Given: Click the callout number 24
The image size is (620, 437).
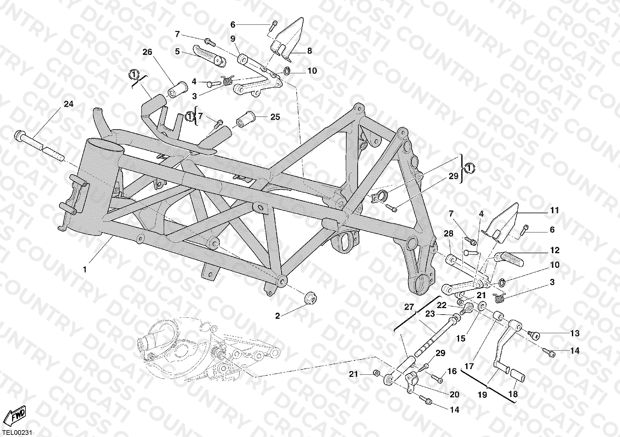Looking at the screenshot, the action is click(69, 104).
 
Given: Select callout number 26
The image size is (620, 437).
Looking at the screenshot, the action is click(147, 52).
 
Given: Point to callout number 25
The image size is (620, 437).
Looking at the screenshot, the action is click(275, 117).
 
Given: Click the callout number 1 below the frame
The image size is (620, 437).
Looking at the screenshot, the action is click(85, 270).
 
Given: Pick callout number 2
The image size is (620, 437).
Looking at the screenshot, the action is click(277, 316).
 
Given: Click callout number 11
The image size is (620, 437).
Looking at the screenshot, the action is click(554, 210).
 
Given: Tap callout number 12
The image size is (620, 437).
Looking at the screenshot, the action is click(555, 250).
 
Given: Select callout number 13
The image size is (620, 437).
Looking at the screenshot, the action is click(574, 333).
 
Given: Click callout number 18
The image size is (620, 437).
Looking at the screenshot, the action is click(513, 394).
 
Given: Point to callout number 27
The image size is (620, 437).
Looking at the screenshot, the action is click(409, 307).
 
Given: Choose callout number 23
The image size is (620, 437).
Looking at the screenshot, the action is click(430, 314).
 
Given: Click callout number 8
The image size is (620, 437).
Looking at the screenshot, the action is click(309, 51).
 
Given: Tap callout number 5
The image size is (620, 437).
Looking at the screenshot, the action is click(177, 51).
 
